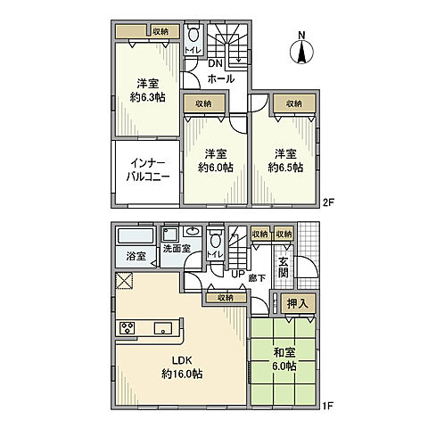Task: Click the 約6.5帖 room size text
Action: (x=284, y=166)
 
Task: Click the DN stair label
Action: (x=215, y=64)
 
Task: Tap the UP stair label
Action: (x=237, y=275)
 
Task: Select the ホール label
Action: (x=221, y=78)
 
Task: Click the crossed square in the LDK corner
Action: (x=124, y=283)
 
